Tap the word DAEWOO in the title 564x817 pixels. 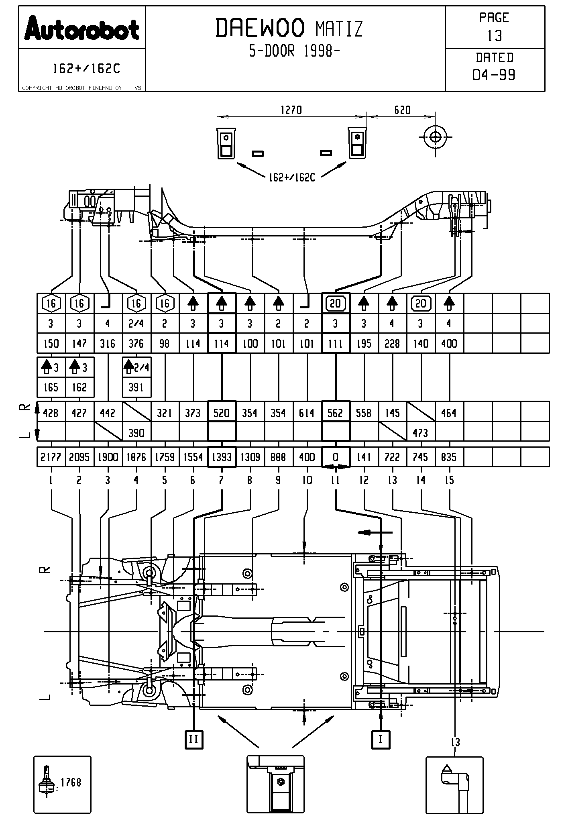point(260,29)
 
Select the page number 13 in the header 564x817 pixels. point(495,36)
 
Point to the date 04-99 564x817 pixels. point(494,75)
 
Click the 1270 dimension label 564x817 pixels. point(291,110)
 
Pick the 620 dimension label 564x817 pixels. point(402,110)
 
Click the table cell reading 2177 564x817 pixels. point(51,457)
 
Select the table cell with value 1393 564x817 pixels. point(222,457)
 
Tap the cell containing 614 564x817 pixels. point(307,413)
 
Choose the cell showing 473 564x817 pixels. point(421,433)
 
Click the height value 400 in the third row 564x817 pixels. point(449,343)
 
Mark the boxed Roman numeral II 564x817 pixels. point(193,739)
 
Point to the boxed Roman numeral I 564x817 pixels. point(381,739)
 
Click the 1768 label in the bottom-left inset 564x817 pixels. point(71,782)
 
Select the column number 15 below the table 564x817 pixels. point(449,480)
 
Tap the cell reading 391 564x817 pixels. point(136,387)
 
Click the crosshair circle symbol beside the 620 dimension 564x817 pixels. point(435,137)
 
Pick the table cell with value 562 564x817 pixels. point(336,413)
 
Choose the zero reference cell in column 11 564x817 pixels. point(336,457)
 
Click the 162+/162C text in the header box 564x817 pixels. point(86,69)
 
